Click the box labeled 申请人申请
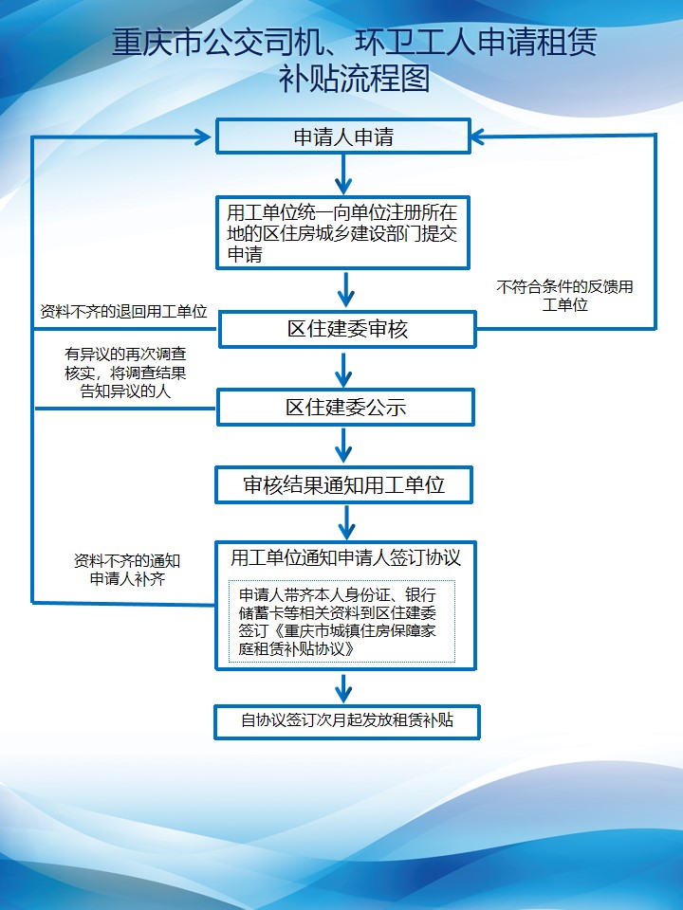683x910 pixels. click(x=343, y=136)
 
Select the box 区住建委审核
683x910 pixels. click(x=347, y=330)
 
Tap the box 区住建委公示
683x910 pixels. click(x=345, y=408)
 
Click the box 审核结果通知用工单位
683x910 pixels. click(x=343, y=485)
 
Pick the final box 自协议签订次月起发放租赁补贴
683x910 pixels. click(x=346, y=720)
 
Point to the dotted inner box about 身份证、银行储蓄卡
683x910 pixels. click(x=341, y=621)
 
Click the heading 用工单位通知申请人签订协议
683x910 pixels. click(x=345, y=557)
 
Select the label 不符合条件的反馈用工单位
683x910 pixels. click(x=564, y=295)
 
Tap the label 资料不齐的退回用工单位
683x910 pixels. click(x=123, y=311)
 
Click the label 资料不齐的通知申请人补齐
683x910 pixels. click(x=127, y=569)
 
